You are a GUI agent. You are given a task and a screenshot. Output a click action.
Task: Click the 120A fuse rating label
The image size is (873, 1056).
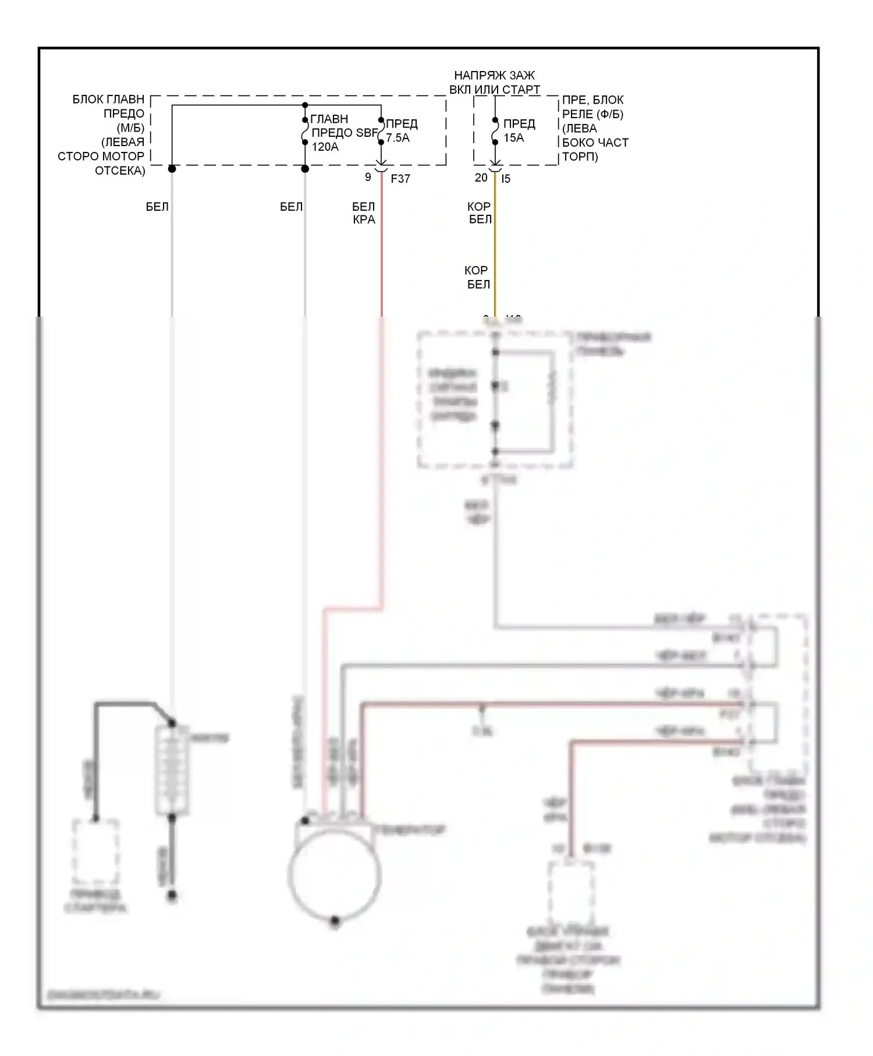tap(325, 147)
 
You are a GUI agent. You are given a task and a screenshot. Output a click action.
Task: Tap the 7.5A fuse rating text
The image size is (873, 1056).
tap(398, 138)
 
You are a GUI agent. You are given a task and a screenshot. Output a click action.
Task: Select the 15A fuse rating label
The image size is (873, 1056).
tap(513, 138)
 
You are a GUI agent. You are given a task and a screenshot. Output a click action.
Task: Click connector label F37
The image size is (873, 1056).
tap(400, 179)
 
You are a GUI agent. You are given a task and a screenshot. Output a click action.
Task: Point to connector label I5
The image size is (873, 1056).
tap(505, 179)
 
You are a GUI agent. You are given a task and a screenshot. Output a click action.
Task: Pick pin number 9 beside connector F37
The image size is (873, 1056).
tap(368, 177)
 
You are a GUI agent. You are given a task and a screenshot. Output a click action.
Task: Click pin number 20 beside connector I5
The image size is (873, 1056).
tap(481, 178)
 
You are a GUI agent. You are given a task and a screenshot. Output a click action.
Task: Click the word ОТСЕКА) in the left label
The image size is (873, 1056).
tap(120, 171)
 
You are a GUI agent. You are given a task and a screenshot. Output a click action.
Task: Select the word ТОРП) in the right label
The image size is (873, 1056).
tap(580, 157)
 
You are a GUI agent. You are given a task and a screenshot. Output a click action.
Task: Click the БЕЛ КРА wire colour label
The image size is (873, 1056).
tap(364, 213)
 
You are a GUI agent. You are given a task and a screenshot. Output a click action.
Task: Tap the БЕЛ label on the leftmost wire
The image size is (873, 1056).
tap(157, 207)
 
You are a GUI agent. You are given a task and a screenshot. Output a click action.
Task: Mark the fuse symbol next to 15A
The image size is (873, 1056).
tap(495, 131)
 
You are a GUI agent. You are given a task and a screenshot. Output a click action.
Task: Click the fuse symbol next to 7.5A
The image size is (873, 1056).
tap(381, 131)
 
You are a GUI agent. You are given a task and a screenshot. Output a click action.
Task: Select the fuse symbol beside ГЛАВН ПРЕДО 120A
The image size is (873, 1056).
tap(305, 131)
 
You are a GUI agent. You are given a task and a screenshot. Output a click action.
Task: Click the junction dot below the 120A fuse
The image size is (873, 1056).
tap(304, 169)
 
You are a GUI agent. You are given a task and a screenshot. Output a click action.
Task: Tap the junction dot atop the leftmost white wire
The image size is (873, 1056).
tap(172, 169)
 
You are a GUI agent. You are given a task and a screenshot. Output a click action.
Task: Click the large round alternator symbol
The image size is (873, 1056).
tap(334, 873)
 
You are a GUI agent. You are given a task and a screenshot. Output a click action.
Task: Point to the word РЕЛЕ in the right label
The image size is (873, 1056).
tap(577, 114)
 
